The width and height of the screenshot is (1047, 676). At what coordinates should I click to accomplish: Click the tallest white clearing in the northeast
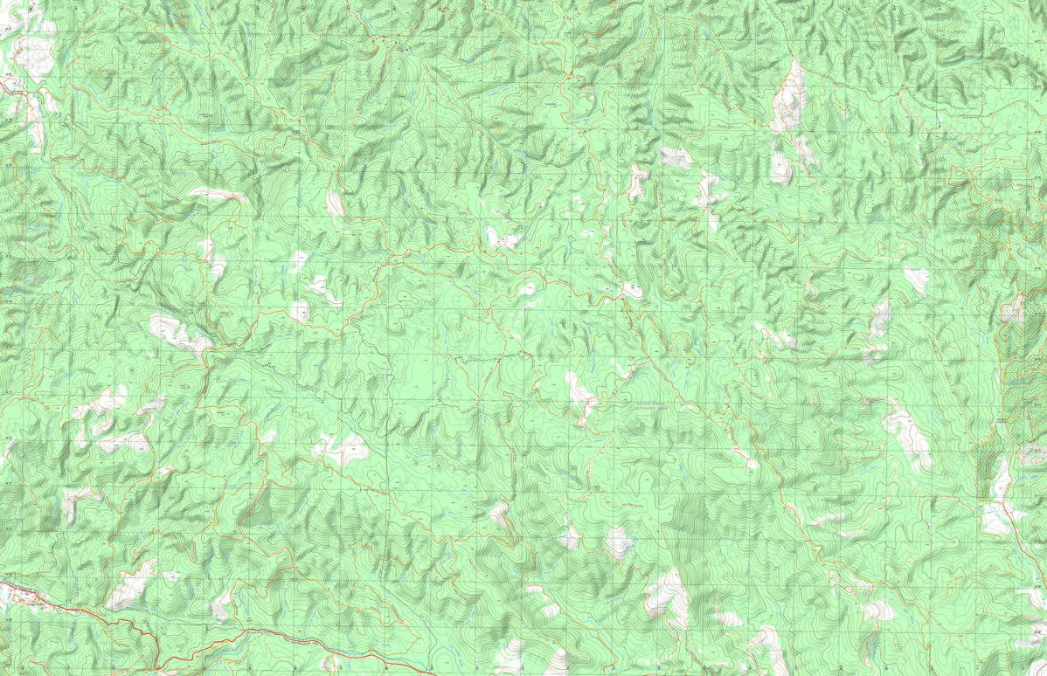point(789,96)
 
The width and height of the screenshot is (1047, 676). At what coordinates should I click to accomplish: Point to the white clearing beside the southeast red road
point(996,515)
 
